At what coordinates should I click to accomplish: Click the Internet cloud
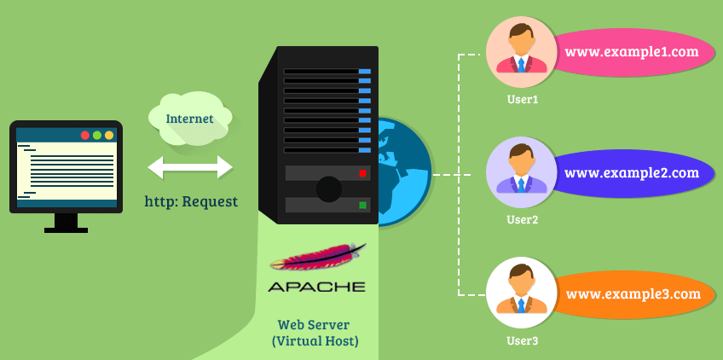(x=188, y=118)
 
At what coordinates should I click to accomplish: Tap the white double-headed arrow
(x=190, y=167)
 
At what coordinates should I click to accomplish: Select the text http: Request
(x=191, y=202)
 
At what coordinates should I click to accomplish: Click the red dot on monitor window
(x=85, y=136)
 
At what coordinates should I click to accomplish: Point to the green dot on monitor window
(x=97, y=136)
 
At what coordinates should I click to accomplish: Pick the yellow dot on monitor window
(x=109, y=136)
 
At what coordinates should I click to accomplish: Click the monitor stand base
(x=66, y=229)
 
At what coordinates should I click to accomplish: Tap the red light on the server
(x=362, y=173)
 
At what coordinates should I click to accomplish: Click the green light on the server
(x=362, y=206)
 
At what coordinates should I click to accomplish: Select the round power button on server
(x=328, y=189)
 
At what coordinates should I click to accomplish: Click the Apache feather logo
(x=317, y=258)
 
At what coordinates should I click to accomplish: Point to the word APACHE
(x=316, y=287)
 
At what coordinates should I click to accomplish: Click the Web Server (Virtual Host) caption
(x=315, y=333)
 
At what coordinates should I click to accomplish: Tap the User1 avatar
(x=521, y=52)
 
